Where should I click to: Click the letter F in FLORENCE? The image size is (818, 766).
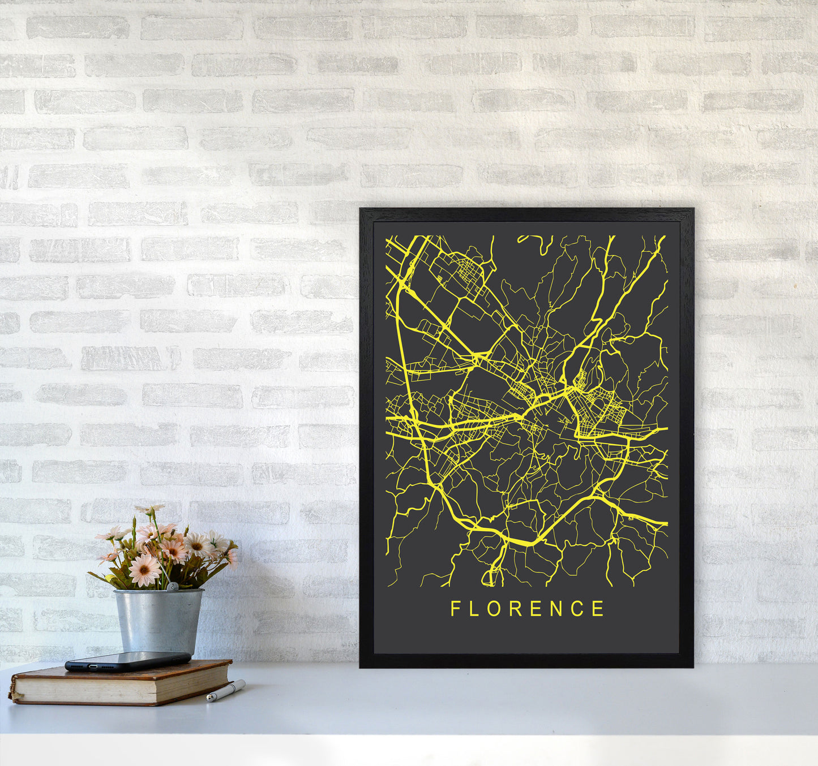455,609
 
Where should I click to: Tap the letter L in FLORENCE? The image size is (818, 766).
474,609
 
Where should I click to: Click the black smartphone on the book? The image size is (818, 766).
127,661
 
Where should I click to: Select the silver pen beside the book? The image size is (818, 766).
226,691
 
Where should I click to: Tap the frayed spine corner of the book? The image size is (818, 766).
12,693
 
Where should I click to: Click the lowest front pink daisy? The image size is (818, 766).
144,570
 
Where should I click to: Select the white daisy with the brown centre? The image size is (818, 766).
198,545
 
